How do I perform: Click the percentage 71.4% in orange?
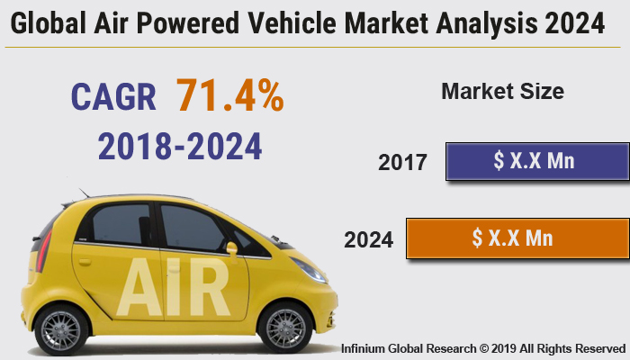pos(229,94)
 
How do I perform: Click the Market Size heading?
pos(502,91)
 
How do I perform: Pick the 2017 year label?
pos(402,163)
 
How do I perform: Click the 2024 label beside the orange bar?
pos(368,240)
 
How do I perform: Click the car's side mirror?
pos(231,247)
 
